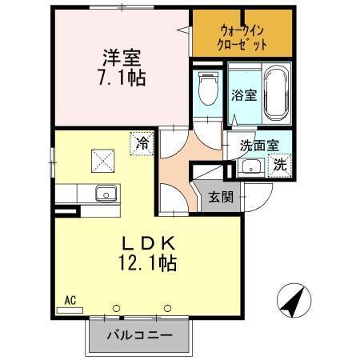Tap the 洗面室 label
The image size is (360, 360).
(261, 146)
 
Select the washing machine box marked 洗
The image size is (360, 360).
(280, 165)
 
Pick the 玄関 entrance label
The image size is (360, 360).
(221, 198)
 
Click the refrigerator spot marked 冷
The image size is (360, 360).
(142, 145)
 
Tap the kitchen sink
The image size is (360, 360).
(106, 193)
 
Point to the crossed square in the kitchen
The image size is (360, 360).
(102, 161)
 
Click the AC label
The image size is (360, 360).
(70, 302)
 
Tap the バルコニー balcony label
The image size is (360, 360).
(140, 336)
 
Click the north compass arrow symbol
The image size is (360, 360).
(292, 302)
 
